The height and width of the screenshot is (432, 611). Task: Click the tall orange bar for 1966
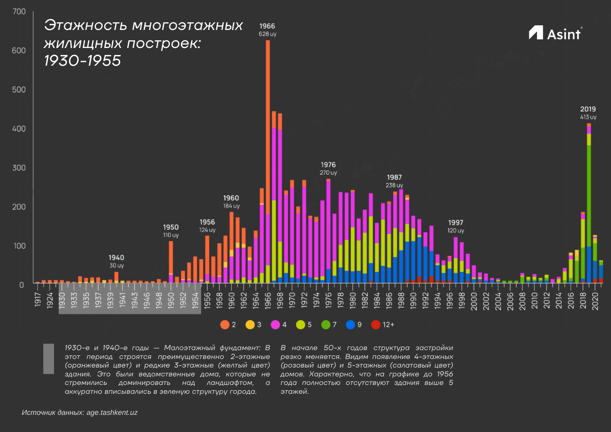pos(268,122)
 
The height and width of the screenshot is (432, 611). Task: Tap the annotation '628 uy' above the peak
pos(268,34)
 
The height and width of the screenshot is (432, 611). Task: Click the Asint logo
pos(554,33)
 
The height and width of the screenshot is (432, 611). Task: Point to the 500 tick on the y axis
pos(19,90)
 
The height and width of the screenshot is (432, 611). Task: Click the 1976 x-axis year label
pos(328,301)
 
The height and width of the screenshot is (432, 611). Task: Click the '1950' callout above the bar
pos(171,227)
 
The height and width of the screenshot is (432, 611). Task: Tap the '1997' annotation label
pos(456,223)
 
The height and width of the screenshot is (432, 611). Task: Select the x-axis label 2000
pos(474,301)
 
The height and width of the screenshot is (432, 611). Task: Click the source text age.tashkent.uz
pos(112,412)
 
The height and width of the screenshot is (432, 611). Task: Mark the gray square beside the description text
pos(49,359)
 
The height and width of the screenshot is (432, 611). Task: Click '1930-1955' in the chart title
pos(82,60)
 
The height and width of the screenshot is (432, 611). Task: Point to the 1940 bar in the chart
pos(116,277)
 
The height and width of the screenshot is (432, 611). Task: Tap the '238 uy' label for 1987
pos(394,185)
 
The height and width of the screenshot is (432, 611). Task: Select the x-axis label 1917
pos(38,299)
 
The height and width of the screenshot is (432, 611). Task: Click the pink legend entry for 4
pos(279,324)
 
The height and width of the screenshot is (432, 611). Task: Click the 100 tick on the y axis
pos(20,246)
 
